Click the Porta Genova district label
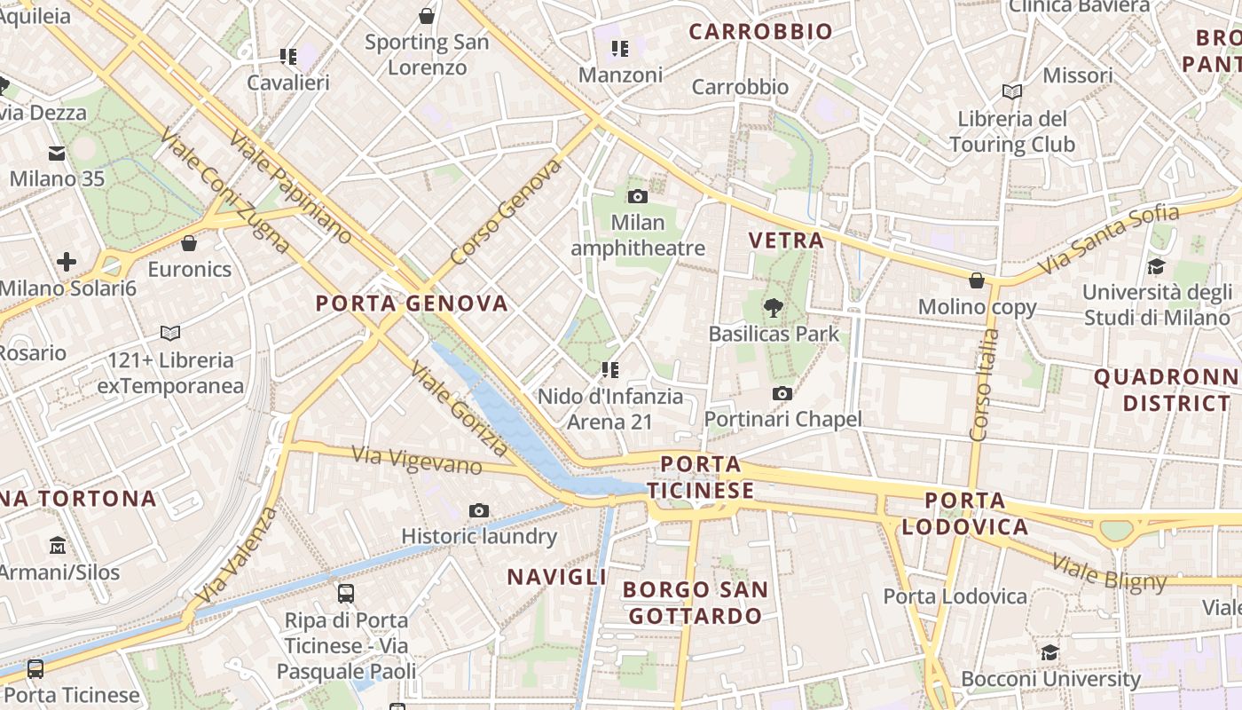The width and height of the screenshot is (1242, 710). pyautogui.click(x=412, y=304)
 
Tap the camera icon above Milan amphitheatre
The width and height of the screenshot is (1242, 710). pyautogui.click(x=637, y=196)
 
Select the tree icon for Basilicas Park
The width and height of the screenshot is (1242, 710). pyautogui.click(x=774, y=308)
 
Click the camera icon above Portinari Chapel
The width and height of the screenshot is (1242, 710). pyautogui.click(x=782, y=393)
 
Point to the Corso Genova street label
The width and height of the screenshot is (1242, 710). pyautogui.click(x=506, y=212)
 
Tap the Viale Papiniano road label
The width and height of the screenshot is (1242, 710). pyautogui.click(x=290, y=187)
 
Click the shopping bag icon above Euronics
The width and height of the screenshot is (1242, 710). pyautogui.click(x=189, y=243)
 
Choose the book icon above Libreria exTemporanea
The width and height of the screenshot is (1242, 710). pyautogui.click(x=170, y=333)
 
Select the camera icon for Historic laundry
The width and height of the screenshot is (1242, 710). pyautogui.click(x=479, y=510)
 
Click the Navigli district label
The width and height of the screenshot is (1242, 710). pyautogui.click(x=557, y=577)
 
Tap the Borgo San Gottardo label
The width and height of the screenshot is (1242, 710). pyautogui.click(x=695, y=603)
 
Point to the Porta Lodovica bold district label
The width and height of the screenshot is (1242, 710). pyautogui.click(x=965, y=514)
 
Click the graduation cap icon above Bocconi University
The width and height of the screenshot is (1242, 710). pyautogui.click(x=1050, y=652)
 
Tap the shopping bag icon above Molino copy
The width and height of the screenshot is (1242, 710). pyautogui.click(x=977, y=280)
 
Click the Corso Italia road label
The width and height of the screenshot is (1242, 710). pyautogui.click(x=984, y=385)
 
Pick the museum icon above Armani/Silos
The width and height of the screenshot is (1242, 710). pyautogui.click(x=59, y=544)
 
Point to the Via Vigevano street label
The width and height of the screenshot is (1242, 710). pyautogui.click(x=417, y=461)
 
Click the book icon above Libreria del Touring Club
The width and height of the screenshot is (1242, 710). pyautogui.click(x=1012, y=91)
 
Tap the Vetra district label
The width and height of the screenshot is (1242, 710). pyautogui.click(x=786, y=240)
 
